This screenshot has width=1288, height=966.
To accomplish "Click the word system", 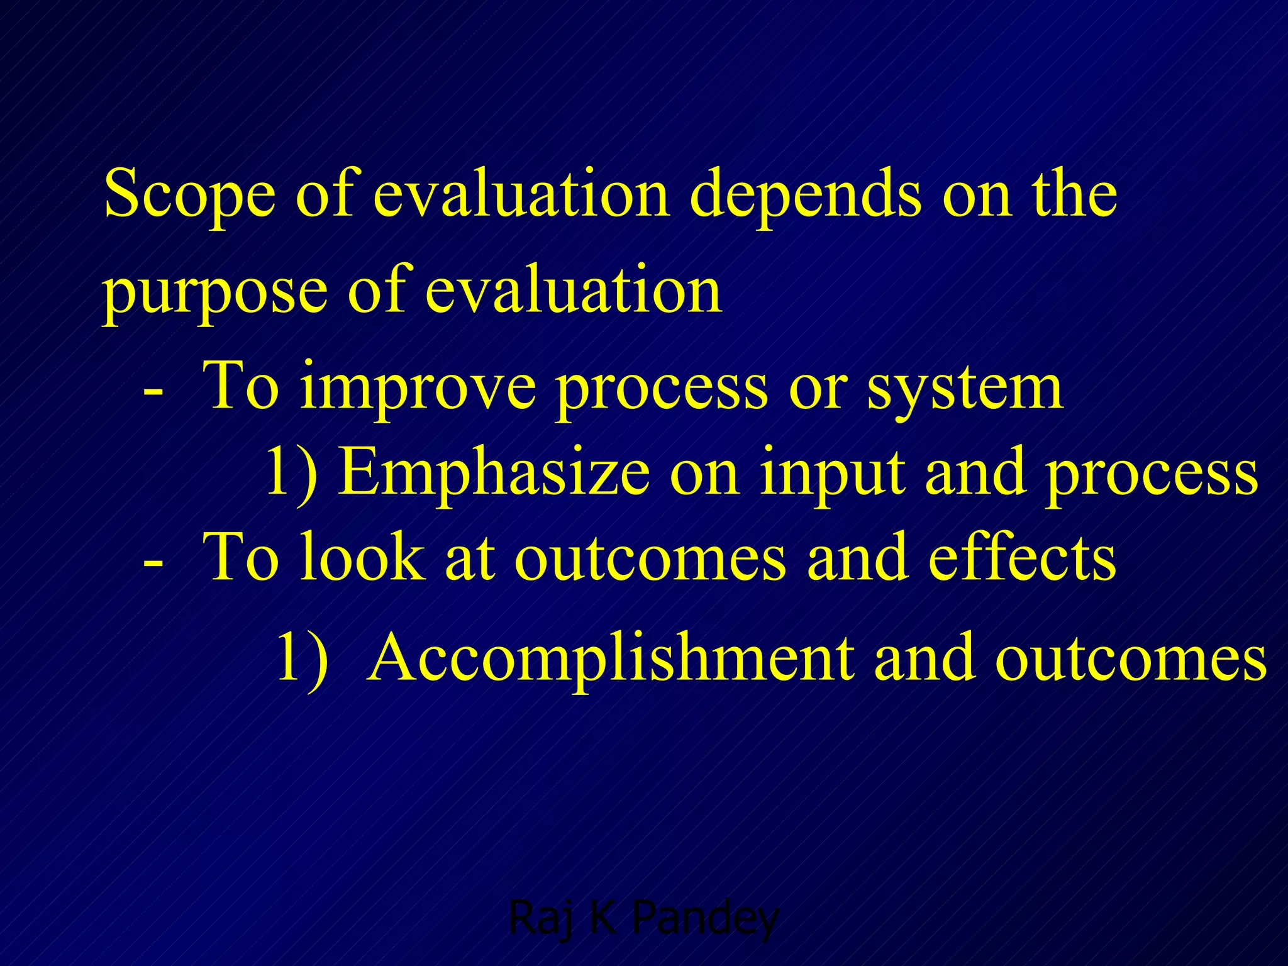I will click(x=965, y=387).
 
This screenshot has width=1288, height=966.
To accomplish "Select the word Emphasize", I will click(x=494, y=473).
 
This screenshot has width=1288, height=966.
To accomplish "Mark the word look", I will click(x=361, y=557).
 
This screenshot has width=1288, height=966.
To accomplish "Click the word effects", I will click(x=1022, y=557).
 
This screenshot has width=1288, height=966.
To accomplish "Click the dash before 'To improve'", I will click(x=153, y=391).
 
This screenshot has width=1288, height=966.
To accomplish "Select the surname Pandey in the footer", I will click(x=705, y=918).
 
